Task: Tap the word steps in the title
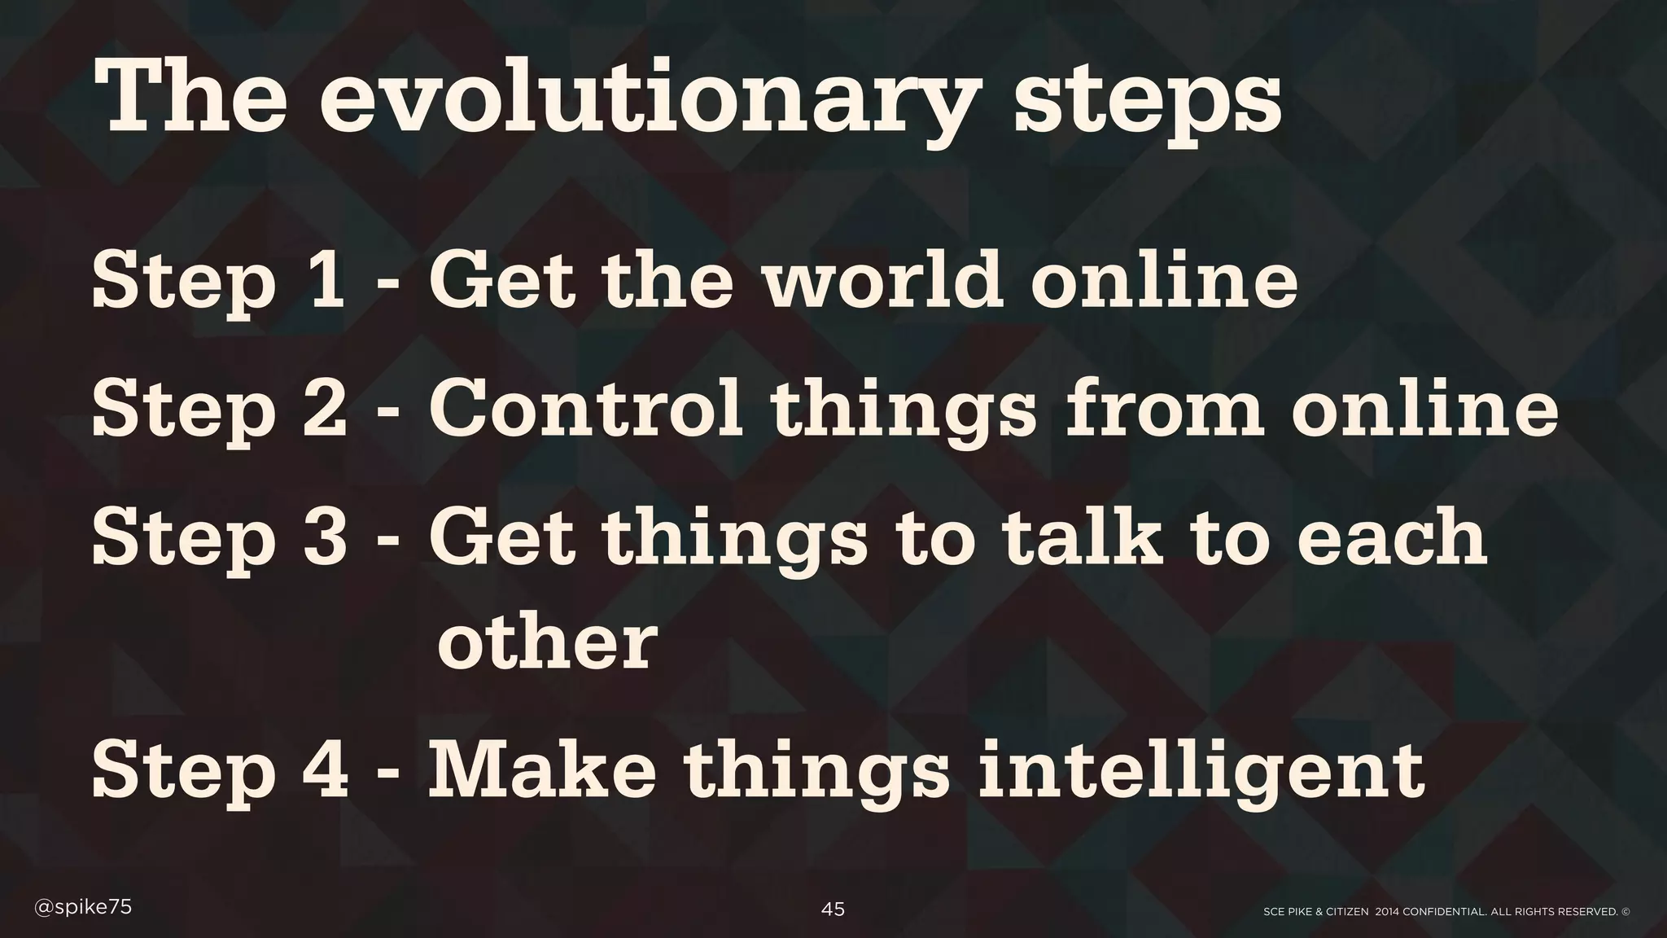point(1147,106)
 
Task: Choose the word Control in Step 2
point(585,408)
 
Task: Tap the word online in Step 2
point(1424,408)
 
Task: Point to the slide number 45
point(833,910)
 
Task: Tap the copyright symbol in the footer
point(1625,912)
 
